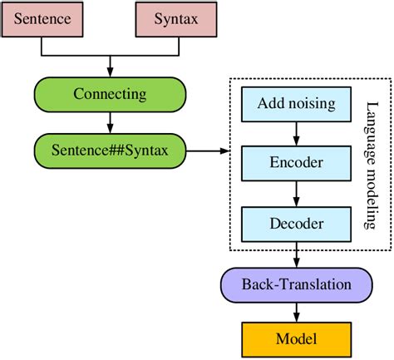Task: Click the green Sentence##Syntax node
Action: pos(110,151)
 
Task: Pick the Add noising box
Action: pos(296,104)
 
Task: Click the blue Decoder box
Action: pos(296,224)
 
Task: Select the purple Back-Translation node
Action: pos(296,284)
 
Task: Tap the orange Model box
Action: pos(296,338)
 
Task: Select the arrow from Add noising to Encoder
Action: pos(296,134)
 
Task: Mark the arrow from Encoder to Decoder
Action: pos(296,194)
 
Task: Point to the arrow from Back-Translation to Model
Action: pos(296,311)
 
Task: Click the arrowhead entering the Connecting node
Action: pos(110,72)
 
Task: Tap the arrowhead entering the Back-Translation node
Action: pos(296,264)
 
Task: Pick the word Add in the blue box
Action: pos(271,104)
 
